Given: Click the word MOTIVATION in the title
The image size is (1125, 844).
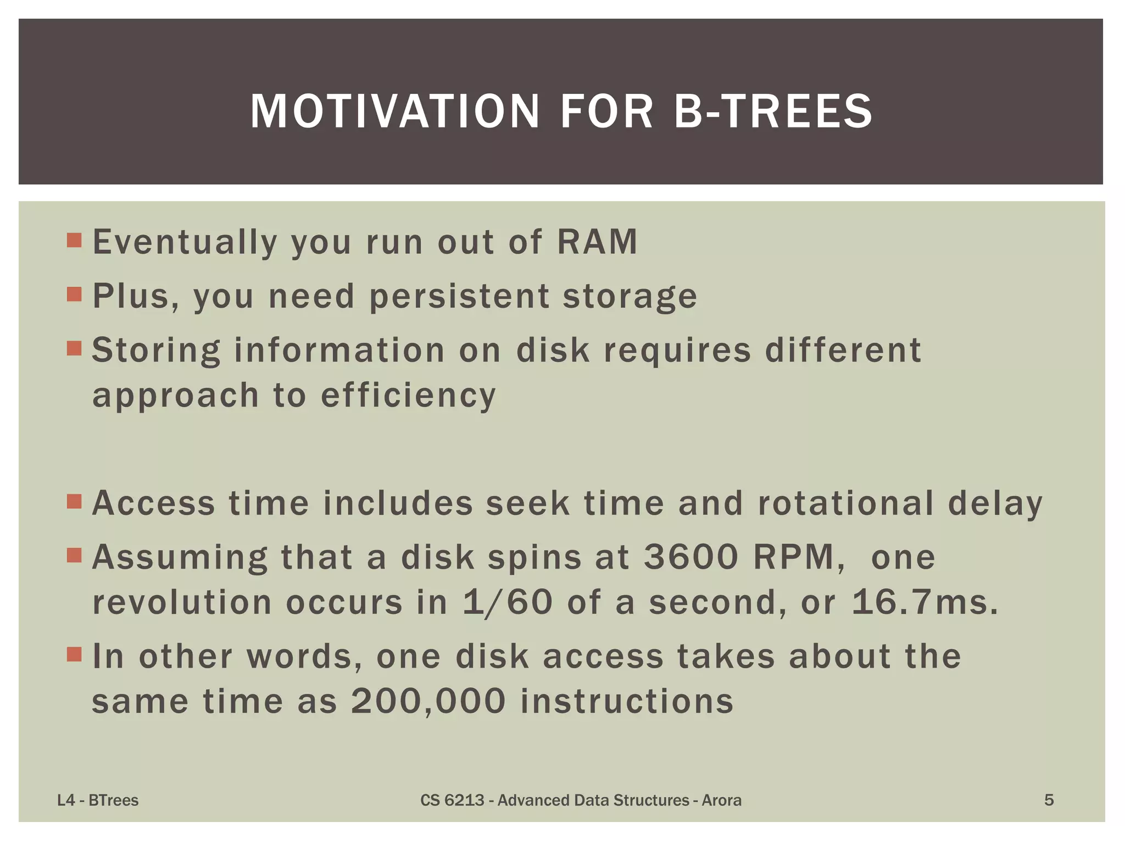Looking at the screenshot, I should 395,112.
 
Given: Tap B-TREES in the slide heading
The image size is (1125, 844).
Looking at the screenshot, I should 773,112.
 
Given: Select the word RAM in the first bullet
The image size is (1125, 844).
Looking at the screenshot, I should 597,242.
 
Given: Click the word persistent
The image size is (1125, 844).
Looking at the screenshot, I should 459,296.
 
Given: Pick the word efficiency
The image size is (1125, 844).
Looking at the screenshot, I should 409,396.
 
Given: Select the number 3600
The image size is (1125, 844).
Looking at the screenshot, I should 691,557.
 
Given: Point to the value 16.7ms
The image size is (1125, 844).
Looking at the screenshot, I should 924,602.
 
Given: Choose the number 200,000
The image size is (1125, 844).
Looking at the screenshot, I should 428,702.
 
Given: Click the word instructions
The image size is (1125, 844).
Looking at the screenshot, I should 627,702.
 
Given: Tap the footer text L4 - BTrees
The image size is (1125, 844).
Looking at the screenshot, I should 98,801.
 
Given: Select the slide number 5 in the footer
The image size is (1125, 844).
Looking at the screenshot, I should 1049,801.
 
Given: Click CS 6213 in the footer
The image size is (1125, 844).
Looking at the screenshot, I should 452,801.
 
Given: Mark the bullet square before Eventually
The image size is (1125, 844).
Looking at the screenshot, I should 74,240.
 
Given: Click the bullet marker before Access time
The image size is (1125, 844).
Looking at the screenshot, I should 74,501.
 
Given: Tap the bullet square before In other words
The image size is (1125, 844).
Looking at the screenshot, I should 74,654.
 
